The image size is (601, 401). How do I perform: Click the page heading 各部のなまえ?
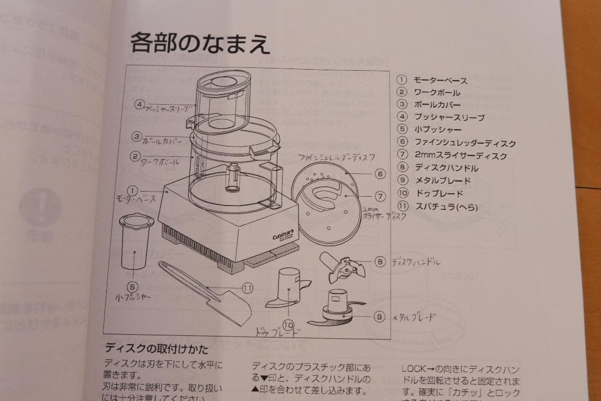[x=200, y=43]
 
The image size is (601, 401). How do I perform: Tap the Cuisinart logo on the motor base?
[x=283, y=236]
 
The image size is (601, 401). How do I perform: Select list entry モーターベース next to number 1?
[x=440, y=80]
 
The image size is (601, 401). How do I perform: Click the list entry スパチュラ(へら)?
[x=446, y=207]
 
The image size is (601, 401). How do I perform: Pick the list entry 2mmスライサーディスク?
[x=461, y=156]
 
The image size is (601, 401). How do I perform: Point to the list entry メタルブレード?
[x=442, y=180]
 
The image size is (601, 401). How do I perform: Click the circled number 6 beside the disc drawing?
[x=380, y=174]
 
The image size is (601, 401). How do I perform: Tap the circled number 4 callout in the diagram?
[x=139, y=104]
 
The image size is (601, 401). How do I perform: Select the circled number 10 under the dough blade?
[x=288, y=324]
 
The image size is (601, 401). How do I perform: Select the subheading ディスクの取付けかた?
[x=156, y=350]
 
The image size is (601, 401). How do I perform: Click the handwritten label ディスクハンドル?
[x=415, y=262]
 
